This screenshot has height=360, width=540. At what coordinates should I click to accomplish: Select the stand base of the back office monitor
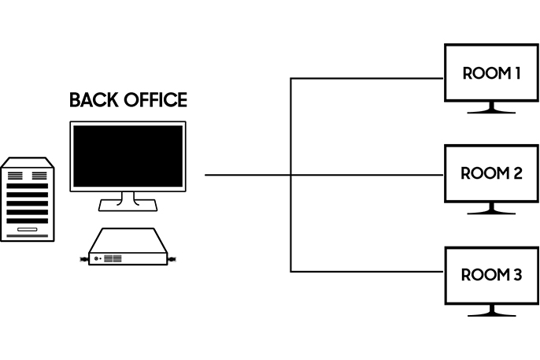click(128, 206)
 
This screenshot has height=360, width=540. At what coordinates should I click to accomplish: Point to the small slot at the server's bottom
click(28, 228)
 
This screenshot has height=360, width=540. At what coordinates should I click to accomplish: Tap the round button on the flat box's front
click(97, 258)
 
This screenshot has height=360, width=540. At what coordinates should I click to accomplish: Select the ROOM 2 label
click(491, 173)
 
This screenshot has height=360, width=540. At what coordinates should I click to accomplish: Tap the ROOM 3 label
click(491, 275)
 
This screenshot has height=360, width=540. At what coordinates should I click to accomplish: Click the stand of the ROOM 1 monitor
click(491, 109)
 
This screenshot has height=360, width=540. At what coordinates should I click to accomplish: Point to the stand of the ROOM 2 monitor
click(491, 210)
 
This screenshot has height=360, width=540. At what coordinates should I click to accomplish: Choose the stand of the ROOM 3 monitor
click(491, 310)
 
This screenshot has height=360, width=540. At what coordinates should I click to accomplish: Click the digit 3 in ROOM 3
click(516, 275)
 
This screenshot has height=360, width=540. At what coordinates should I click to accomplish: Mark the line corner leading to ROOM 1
click(291, 78)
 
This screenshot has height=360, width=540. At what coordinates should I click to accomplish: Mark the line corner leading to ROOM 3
click(291, 272)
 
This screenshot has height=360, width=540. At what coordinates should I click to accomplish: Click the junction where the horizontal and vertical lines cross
click(291, 174)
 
